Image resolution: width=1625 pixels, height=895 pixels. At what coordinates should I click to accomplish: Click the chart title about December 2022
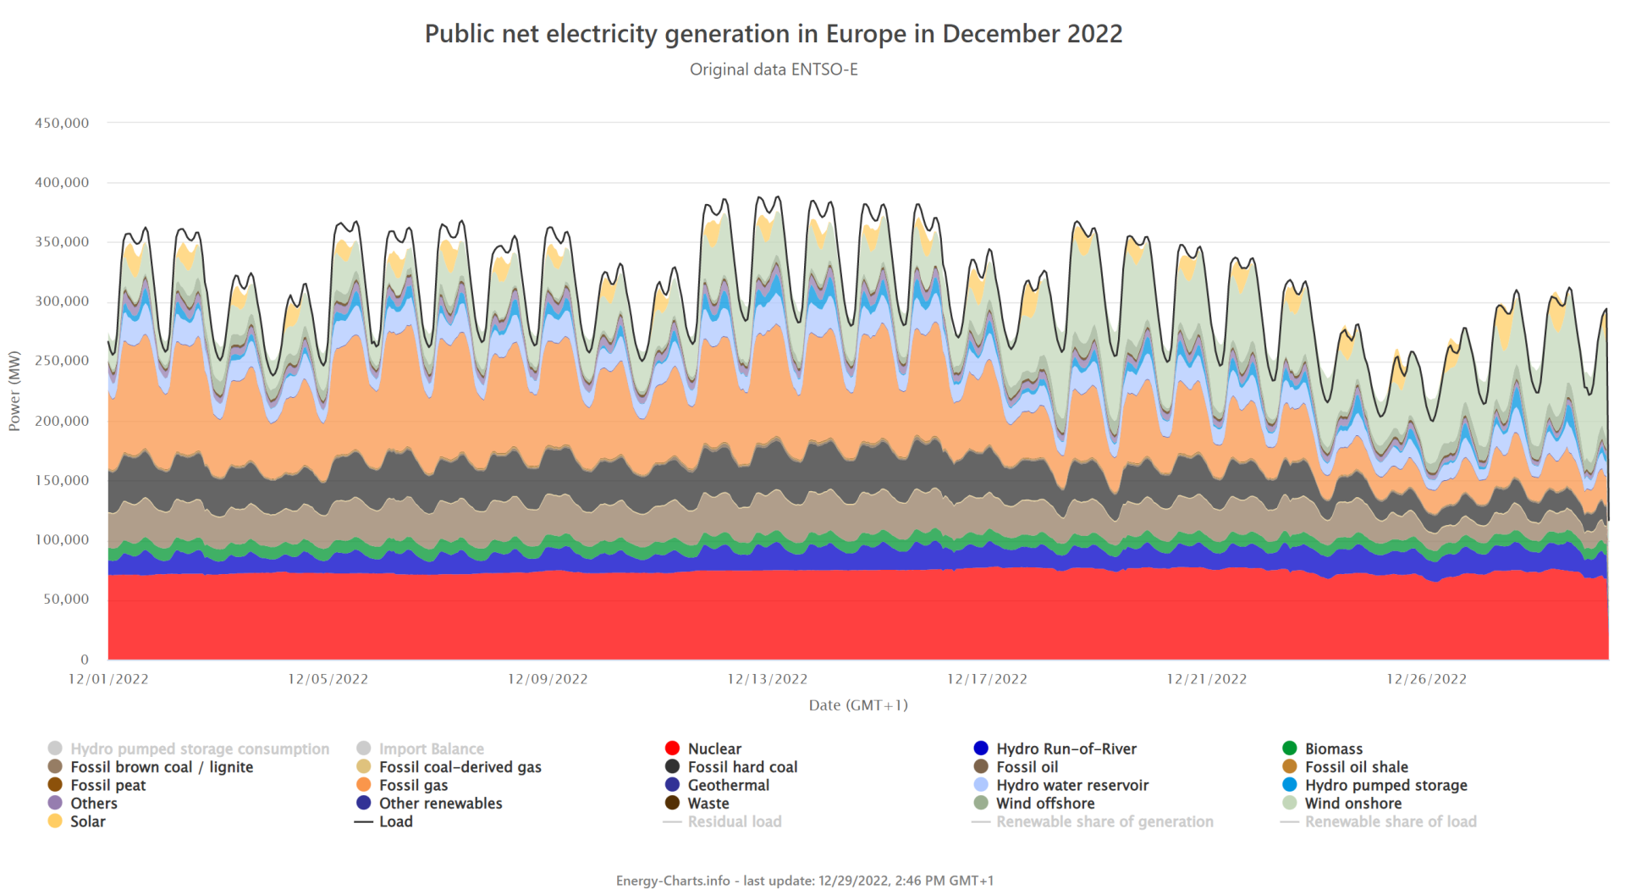point(773,34)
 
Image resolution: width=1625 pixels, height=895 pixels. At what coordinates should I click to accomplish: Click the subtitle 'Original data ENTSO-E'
point(774,69)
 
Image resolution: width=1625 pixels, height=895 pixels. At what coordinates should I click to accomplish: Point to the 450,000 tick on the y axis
point(62,123)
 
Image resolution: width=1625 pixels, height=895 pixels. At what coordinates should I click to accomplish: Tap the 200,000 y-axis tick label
point(62,421)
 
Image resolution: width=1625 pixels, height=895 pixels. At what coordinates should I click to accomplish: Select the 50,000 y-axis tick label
point(66,599)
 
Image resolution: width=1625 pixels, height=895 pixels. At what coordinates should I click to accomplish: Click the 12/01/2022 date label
point(108,679)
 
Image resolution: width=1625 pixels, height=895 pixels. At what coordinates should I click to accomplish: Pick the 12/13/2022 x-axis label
point(767,679)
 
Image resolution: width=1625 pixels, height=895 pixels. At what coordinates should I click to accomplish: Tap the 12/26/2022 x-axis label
point(1426,679)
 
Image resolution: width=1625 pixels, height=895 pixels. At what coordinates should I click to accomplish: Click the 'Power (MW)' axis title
point(14,391)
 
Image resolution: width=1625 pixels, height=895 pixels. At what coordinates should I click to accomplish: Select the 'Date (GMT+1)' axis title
point(857,705)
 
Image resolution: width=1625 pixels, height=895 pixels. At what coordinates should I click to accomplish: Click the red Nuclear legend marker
point(673,749)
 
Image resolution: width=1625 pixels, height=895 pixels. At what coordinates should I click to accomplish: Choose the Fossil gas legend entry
point(413,785)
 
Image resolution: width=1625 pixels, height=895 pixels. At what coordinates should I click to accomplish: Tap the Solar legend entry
point(87,821)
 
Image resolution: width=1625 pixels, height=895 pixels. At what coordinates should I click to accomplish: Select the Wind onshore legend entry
point(1352,804)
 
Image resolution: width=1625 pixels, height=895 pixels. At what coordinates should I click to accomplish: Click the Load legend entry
point(395,821)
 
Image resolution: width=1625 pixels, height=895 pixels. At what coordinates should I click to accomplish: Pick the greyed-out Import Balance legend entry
point(431,749)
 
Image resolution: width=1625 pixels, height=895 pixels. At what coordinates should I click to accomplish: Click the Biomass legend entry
point(1333,749)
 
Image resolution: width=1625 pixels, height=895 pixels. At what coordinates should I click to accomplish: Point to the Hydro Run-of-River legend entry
point(1066,749)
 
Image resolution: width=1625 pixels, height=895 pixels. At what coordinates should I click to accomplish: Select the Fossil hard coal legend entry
point(742,767)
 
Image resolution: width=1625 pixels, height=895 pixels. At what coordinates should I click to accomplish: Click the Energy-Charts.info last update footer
point(804,881)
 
